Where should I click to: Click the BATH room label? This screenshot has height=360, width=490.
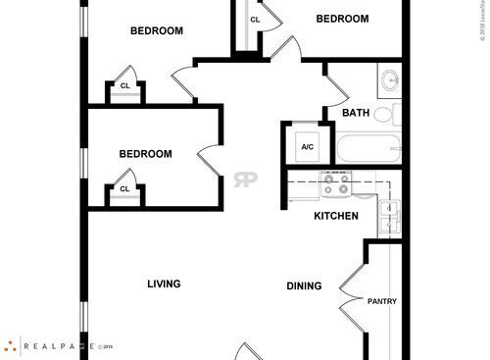coord(355,113)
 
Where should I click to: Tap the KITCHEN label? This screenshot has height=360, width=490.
coord(335,216)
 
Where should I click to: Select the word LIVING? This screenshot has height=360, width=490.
coord(164,284)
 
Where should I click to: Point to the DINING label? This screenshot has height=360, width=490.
coord(304,286)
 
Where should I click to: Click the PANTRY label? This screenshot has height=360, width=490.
coord(381,301)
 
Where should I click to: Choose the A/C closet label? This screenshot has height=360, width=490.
coord(307,146)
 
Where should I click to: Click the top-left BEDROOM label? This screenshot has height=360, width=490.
coord(157,30)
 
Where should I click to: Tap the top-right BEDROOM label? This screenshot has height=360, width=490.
coord(342,19)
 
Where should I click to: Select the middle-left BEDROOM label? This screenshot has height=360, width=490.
coord(145,154)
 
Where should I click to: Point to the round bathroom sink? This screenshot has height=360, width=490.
coord(388,78)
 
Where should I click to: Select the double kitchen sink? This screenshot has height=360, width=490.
coord(391,215)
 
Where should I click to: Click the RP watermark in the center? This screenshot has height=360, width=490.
coord(244,180)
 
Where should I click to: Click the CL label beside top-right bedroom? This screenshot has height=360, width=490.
coord(255,20)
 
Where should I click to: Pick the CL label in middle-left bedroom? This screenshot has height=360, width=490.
coord(124,189)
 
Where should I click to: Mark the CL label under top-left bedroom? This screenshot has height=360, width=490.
coord(125,85)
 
